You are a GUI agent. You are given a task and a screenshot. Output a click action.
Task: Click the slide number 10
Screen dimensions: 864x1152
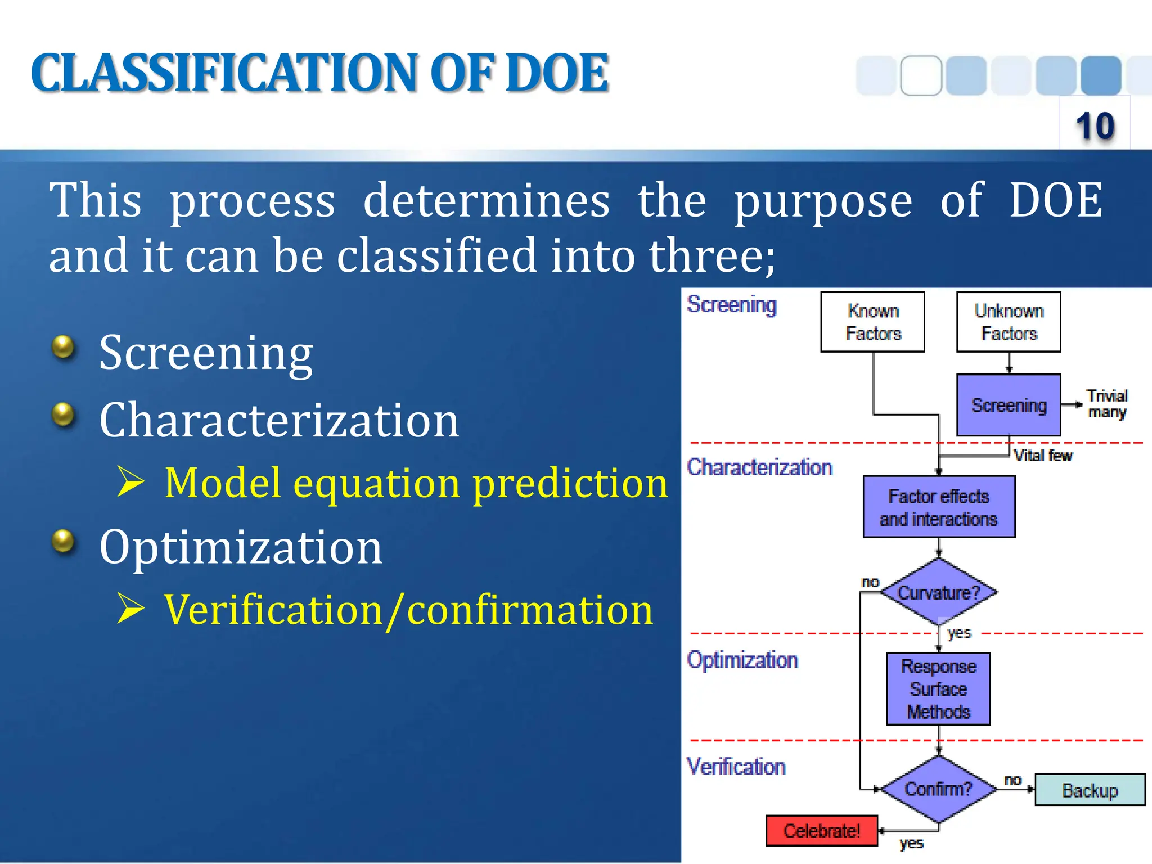click(1095, 125)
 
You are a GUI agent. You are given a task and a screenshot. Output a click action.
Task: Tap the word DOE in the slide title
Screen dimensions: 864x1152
click(557, 73)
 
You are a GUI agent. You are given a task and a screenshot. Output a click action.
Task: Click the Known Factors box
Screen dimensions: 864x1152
click(872, 322)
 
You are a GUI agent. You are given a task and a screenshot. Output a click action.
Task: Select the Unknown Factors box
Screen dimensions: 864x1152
click(1009, 322)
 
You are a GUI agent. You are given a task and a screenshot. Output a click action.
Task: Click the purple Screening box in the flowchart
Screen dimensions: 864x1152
click(1009, 405)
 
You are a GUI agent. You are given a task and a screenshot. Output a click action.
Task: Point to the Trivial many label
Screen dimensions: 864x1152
click(1106, 404)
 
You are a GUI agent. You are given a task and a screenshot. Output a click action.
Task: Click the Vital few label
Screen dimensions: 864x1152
click(1043, 456)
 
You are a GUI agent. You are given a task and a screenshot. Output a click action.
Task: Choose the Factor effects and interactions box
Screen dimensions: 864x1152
click(939, 507)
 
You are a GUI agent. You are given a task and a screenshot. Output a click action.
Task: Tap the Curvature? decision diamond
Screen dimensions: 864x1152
click(938, 592)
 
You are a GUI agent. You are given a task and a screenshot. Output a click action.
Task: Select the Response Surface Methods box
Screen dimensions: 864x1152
click(938, 689)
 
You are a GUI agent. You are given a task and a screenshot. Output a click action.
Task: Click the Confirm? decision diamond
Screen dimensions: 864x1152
click(938, 789)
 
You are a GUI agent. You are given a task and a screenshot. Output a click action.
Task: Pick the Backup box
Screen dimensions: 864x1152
click(1090, 790)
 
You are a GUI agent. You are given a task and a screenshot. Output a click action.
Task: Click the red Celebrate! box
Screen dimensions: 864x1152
click(822, 831)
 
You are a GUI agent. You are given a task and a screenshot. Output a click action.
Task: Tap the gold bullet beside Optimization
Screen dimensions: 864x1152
click(63, 542)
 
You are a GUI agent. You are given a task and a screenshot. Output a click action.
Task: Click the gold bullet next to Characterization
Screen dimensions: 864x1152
click(63, 415)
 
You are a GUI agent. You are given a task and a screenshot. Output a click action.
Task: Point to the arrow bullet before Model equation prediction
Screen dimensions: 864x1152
click(131, 482)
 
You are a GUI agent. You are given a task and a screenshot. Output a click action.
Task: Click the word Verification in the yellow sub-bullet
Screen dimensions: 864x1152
click(273, 610)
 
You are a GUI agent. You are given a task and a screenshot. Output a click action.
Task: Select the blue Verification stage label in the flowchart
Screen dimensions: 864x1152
click(736, 767)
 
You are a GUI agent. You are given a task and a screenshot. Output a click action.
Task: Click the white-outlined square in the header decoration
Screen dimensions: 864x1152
click(921, 75)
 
